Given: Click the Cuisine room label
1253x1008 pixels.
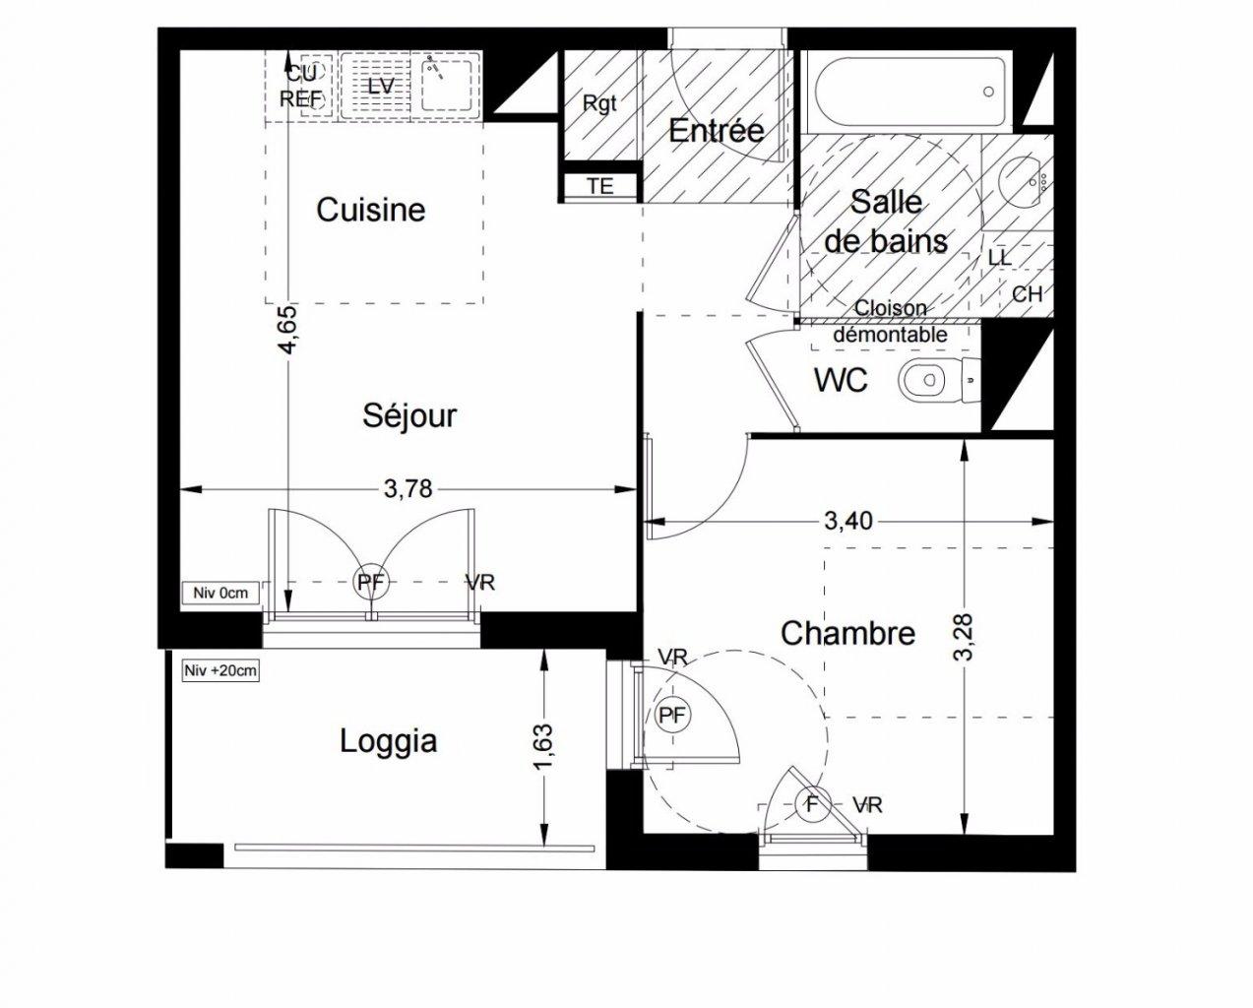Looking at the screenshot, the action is [371, 210].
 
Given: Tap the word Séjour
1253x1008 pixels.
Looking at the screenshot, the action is [409, 415].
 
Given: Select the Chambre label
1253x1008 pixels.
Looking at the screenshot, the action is [847, 633].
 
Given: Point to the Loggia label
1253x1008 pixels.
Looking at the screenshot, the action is [389, 742].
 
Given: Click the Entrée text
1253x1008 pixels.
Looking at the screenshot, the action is [717, 130].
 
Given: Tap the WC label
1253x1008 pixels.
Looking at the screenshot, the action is [841, 380].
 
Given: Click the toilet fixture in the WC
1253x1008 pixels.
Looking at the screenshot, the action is [939, 380].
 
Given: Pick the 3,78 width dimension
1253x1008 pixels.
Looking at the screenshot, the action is [408, 489].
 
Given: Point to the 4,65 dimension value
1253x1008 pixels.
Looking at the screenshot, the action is [289, 330].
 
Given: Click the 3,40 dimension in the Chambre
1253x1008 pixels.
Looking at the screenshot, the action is [848, 521].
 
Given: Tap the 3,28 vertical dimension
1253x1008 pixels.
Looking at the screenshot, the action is [965, 638].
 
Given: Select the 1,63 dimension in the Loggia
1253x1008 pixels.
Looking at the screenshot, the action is [542, 746].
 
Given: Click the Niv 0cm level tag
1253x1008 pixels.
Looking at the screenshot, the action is [220, 593].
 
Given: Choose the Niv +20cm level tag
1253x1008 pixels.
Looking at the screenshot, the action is [220, 670].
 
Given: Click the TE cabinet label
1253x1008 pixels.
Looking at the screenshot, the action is [599, 186].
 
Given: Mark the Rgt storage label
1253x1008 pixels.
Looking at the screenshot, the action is [599, 104].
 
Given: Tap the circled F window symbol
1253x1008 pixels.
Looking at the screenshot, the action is [812, 805].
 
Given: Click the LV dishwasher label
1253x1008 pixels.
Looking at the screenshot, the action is [381, 87].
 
